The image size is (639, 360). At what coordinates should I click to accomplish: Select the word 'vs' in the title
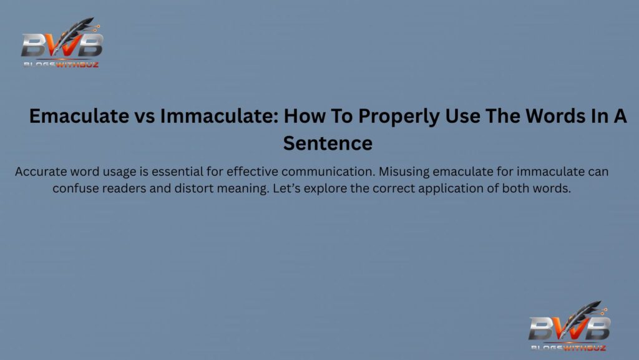(144, 117)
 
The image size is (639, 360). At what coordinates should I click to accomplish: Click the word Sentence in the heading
(328, 144)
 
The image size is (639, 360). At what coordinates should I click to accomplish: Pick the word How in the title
(319, 117)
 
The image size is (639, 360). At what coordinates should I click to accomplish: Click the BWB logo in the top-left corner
(61, 45)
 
